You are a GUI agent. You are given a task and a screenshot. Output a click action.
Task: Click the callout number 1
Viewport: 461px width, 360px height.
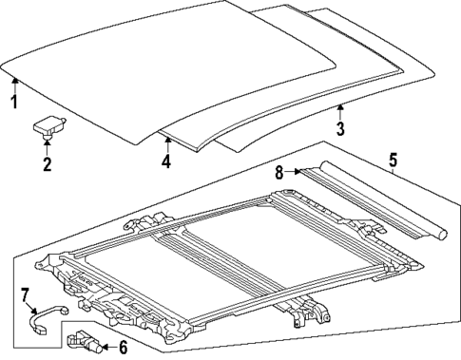[13, 102]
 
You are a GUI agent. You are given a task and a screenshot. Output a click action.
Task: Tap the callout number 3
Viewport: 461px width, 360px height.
[341, 128]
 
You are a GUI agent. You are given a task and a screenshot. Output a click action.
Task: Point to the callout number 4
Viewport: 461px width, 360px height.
[166, 161]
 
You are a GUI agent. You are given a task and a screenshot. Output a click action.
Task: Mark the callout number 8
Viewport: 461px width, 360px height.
[279, 172]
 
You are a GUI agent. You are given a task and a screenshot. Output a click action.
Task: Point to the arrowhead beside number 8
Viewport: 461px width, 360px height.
[298, 173]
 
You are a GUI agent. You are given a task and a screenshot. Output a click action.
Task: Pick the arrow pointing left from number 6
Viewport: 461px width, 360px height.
[101, 347]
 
